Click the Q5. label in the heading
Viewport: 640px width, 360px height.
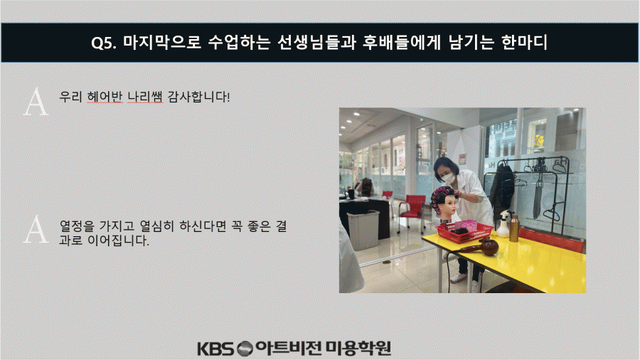pos(103,43)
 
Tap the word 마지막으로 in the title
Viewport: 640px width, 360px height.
pos(162,42)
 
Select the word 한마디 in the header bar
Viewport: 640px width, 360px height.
pos(525,42)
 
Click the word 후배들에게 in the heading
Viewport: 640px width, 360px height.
pos(402,42)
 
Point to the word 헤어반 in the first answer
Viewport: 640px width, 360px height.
pos(105,97)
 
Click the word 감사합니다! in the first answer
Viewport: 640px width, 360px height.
pos(199,97)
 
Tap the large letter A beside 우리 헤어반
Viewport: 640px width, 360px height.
pos(36,102)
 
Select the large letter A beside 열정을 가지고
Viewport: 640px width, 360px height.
pos(36,229)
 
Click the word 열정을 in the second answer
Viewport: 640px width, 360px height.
pos(77,226)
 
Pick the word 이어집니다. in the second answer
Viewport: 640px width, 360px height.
pos(118,240)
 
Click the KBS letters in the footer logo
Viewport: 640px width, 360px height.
pos(216,349)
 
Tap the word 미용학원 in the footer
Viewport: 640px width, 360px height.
pos(358,348)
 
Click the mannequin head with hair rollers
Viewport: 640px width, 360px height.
pos(444,201)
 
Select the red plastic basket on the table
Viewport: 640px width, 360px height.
pos(464,231)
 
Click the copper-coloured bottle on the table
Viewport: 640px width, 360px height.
pos(514,228)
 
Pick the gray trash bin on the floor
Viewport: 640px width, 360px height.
pos(363,229)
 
